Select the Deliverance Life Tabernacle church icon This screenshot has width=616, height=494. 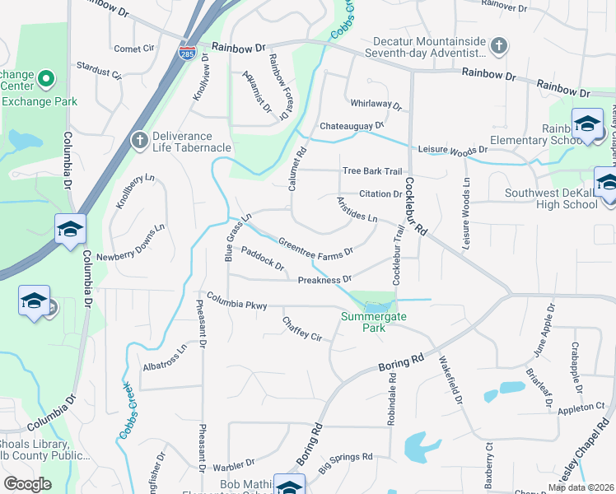(139, 140)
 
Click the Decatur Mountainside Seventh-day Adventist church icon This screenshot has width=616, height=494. (498, 45)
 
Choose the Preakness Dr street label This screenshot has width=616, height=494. (324, 280)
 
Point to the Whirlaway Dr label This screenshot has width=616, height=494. (375, 106)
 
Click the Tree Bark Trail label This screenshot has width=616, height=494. (371, 171)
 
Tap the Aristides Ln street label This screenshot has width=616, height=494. (356, 210)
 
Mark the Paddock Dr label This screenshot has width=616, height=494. (263, 260)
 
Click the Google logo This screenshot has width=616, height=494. (26, 483)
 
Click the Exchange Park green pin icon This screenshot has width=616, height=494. (45, 81)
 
